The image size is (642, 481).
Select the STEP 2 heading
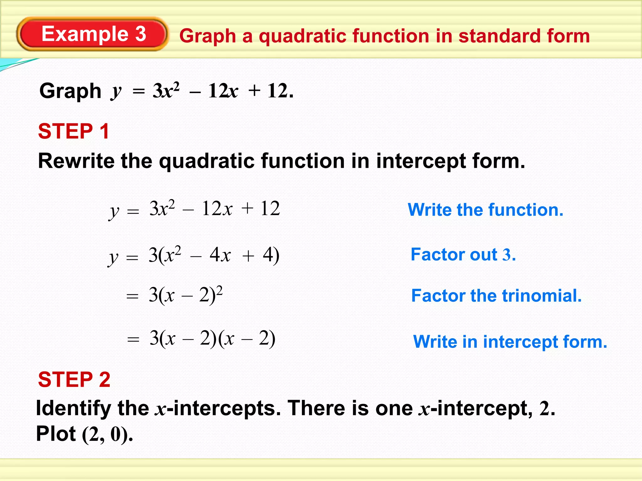(x=74, y=380)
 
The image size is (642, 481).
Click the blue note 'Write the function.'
(x=485, y=209)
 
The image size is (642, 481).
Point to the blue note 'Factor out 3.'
(x=463, y=254)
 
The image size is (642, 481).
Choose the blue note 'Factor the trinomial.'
(x=496, y=296)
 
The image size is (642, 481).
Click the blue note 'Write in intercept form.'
(x=510, y=341)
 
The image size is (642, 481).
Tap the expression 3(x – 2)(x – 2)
(x=213, y=339)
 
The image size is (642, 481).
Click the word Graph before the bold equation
(x=70, y=91)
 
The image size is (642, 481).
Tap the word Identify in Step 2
(x=74, y=408)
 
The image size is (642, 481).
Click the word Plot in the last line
(x=56, y=434)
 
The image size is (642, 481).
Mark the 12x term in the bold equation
(x=223, y=91)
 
